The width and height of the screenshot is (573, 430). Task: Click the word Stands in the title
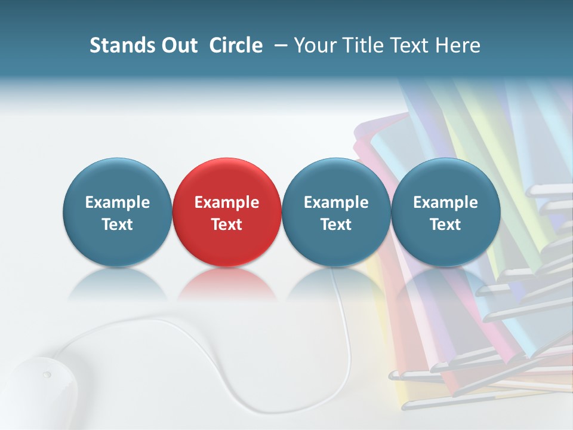121,45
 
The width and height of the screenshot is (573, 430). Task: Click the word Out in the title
178,45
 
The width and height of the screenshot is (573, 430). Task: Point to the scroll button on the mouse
47,375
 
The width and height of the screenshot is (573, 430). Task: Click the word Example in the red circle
227,202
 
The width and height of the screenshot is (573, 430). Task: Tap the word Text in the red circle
227,225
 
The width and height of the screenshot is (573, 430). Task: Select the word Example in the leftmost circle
117,202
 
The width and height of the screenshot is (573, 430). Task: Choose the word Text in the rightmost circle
445,225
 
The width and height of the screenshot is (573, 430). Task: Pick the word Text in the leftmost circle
117,225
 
